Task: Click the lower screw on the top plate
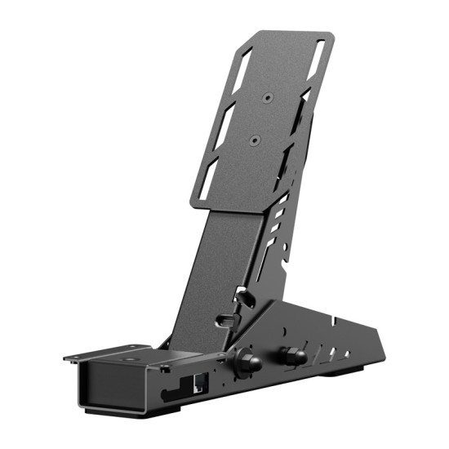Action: (x=254, y=140)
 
